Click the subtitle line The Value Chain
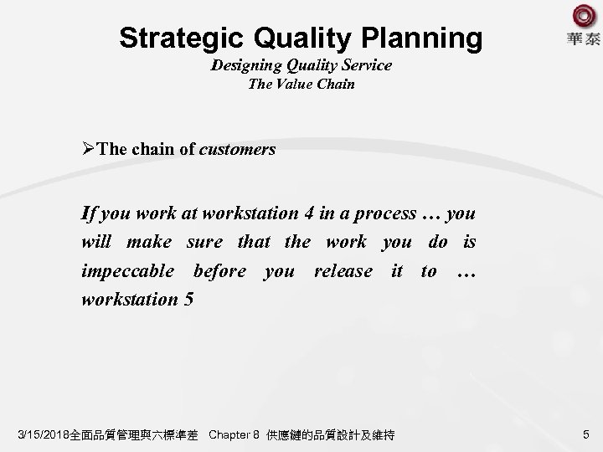click(301, 84)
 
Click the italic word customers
click(238, 149)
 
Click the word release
click(343, 270)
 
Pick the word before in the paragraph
click(219, 270)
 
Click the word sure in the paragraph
click(204, 242)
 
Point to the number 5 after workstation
click(188, 299)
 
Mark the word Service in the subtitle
click(366, 64)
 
